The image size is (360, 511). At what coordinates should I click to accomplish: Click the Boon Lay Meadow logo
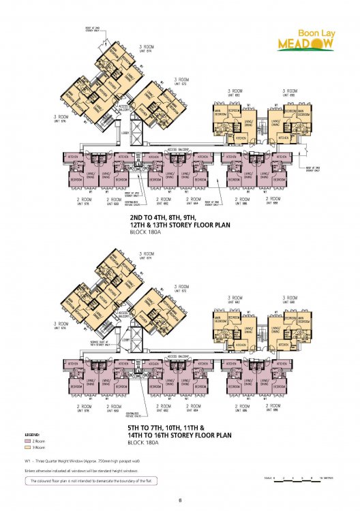click(x=305, y=40)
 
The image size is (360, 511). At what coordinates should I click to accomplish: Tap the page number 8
click(x=179, y=501)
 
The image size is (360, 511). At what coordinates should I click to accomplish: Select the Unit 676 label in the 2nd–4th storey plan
click(x=63, y=121)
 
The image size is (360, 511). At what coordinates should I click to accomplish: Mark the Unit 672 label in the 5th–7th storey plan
click(x=181, y=290)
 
